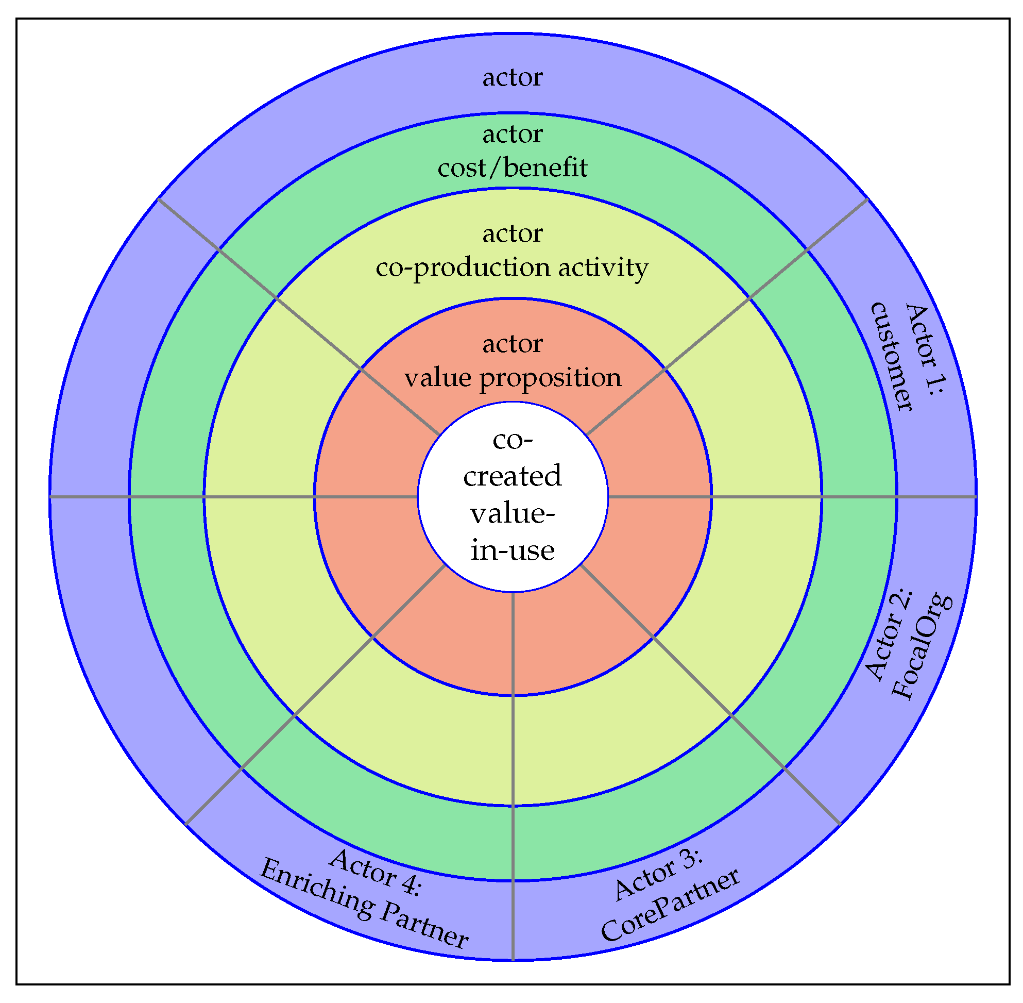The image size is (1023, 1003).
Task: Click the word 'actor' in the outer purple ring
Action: (512, 78)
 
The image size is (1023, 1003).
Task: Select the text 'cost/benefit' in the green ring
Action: (512, 168)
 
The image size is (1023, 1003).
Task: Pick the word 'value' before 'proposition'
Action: (438, 378)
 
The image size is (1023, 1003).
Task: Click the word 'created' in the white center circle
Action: (512, 476)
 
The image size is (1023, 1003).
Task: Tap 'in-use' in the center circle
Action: (512, 550)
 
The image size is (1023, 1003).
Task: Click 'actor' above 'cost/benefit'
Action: (512, 135)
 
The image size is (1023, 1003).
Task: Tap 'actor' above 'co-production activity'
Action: (512, 233)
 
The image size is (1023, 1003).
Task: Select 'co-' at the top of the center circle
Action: (512, 439)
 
